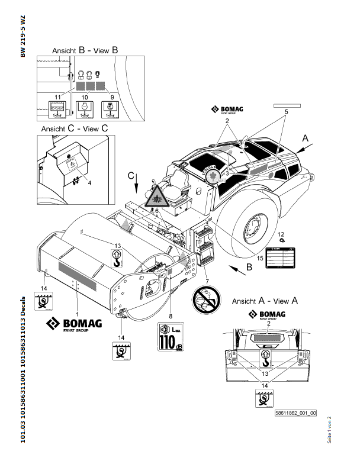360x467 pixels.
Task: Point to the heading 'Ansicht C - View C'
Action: coord(75,128)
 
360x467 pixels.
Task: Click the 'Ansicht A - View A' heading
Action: coord(265,300)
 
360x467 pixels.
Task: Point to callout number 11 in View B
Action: coord(57,96)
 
